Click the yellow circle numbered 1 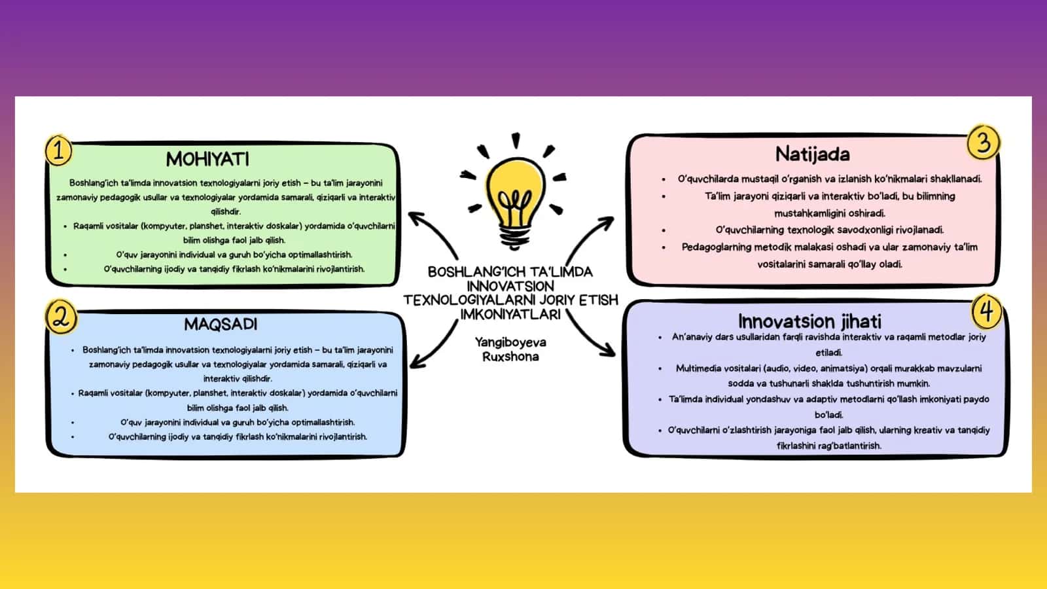58,151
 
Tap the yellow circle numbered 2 62,317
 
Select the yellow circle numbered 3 983,142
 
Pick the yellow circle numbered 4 986,312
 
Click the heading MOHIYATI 207,160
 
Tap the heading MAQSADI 221,324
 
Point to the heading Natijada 812,154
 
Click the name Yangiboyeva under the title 510,343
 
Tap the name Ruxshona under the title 510,357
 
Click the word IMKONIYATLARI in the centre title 510,314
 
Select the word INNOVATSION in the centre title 510,285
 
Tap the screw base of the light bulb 515,236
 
